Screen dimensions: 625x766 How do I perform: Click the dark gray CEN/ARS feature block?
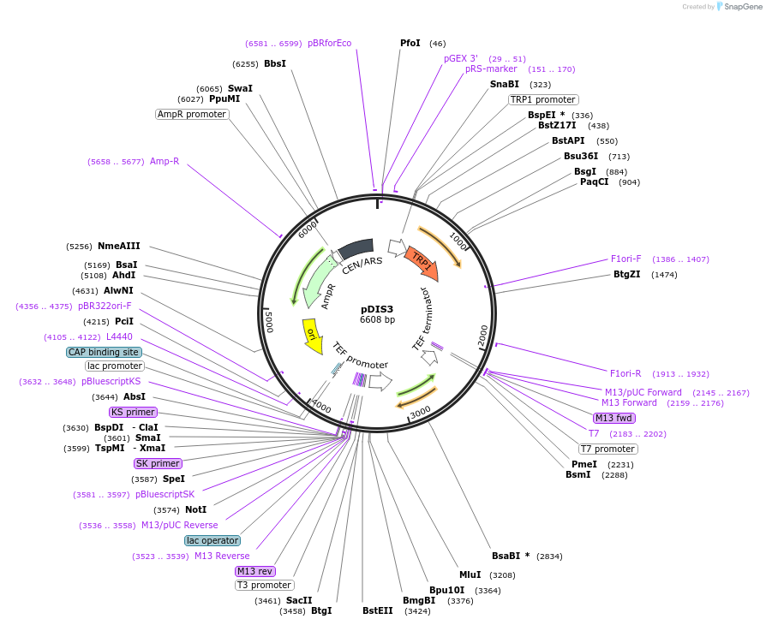(356, 249)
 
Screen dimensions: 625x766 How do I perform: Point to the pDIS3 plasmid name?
(377, 309)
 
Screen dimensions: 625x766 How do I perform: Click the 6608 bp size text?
(377, 320)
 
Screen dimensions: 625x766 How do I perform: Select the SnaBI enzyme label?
(504, 85)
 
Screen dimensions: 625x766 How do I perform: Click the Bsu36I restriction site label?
(580, 157)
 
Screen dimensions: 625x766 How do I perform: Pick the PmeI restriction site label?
(584, 464)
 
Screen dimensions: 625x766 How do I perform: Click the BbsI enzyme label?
(275, 64)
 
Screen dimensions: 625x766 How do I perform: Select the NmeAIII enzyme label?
(117, 247)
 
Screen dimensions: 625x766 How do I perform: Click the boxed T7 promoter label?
(607, 449)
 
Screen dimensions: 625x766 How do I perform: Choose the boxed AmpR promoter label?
(192, 114)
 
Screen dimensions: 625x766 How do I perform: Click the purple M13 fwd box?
(613, 418)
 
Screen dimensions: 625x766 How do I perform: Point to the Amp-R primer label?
(165, 161)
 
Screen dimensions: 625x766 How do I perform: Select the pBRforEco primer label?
(329, 44)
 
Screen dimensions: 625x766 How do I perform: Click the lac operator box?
(212, 540)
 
